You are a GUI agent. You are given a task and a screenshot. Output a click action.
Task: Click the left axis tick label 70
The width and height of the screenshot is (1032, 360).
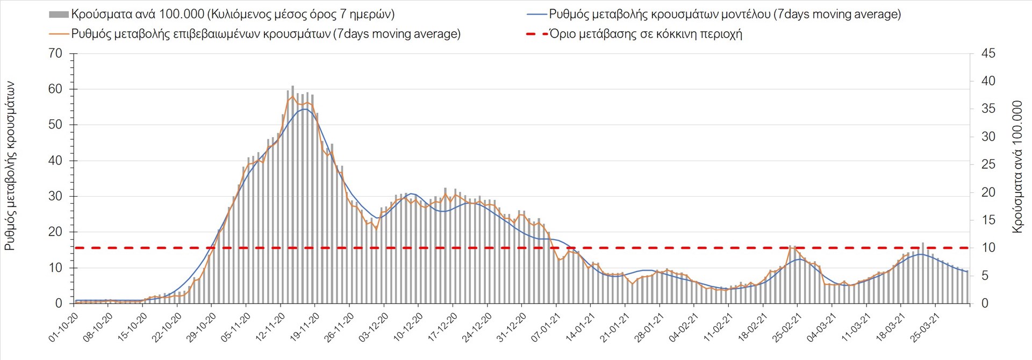(55, 54)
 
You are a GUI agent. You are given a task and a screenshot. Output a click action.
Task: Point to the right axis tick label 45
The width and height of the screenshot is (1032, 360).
(988, 54)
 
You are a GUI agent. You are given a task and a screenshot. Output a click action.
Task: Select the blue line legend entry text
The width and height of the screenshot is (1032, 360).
(725, 15)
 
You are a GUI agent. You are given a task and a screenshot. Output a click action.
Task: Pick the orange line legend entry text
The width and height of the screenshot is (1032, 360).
(266, 34)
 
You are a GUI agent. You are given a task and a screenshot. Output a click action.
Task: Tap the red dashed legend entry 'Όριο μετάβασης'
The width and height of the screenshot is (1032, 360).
(646, 34)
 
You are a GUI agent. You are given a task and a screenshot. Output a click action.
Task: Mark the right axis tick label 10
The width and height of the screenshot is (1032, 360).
(988, 248)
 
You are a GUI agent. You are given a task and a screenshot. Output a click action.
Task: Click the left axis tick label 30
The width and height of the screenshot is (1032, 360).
(55, 196)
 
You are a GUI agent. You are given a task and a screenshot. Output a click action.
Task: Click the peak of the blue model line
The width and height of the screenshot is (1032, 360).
(305, 109)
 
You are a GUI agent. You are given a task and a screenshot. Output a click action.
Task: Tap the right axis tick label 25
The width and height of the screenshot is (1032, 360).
(988, 164)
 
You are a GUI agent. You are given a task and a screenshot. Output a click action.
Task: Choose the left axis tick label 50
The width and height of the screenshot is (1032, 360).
(55, 125)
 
